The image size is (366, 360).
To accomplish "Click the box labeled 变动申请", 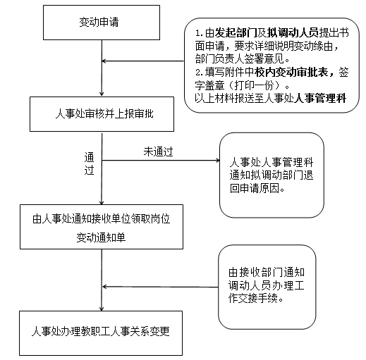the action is [x=102, y=23].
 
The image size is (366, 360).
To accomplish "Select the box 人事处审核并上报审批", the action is [x=102, y=114].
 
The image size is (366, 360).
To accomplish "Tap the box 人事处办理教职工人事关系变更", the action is [x=101, y=333].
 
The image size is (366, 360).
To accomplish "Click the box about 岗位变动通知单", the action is [x=102, y=227].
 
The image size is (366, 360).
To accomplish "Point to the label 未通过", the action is [x=158, y=151].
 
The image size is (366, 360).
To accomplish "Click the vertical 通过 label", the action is [x=90, y=163].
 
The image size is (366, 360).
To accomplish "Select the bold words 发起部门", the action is [x=236, y=33].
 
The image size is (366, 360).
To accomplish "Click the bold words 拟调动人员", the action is [x=293, y=33].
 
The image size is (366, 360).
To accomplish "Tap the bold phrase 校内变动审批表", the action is [x=292, y=73].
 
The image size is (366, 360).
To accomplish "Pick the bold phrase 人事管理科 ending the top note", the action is [x=320, y=98].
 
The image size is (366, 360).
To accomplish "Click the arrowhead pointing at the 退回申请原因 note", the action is [x=217, y=161].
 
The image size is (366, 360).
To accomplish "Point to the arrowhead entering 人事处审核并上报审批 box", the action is [x=102, y=94].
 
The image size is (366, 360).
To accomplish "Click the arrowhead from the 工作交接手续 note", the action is [x=105, y=287].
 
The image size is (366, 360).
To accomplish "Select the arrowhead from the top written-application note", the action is [x=104, y=61].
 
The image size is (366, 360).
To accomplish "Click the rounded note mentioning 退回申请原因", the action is [x=272, y=175].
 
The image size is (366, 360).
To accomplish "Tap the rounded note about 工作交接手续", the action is [x=267, y=287].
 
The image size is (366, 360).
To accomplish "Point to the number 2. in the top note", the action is [x=200, y=73].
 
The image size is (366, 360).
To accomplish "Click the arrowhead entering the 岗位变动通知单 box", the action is [x=102, y=201].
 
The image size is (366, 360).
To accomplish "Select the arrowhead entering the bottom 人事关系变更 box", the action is [x=102, y=309].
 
